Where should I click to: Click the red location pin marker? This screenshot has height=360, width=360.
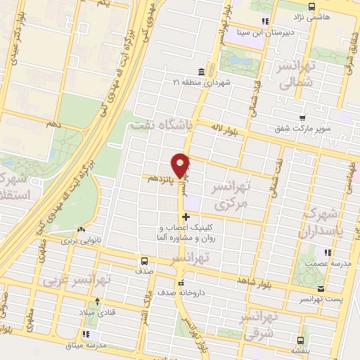pyautogui.click(x=181, y=165)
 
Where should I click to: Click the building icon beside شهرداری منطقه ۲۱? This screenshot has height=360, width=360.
pyautogui.click(x=202, y=72)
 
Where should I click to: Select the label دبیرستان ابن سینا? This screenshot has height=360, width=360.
pyautogui.click(x=281, y=32)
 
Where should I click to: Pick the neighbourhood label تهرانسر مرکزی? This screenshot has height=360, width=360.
pyautogui.click(x=231, y=195)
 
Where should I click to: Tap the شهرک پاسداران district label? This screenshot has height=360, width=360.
pyautogui.click(x=326, y=224)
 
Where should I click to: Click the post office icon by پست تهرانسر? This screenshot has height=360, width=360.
pyautogui.click(x=321, y=289)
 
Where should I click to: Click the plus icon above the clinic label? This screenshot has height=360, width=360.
pyautogui.click(x=186, y=217)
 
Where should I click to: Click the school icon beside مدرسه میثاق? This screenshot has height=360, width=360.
pyautogui.click(x=86, y=334)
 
